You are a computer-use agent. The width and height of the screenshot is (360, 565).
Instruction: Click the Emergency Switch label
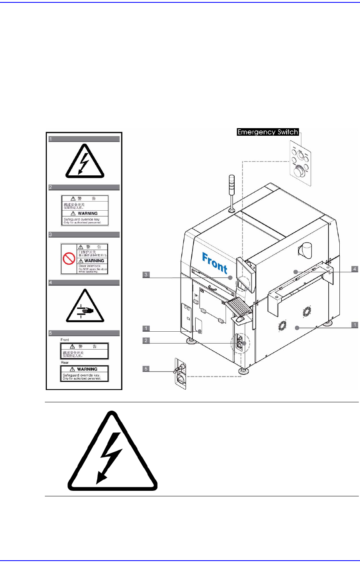pyautogui.click(x=268, y=132)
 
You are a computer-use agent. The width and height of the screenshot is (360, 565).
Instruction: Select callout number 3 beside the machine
pyautogui.click(x=146, y=275)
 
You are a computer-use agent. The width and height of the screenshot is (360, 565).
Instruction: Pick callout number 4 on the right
pyautogui.click(x=354, y=269)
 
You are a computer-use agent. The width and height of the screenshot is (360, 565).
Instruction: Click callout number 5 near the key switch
pyautogui.click(x=146, y=369)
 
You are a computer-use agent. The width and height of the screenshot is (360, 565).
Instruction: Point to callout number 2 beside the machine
pyautogui.click(x=146, y=340)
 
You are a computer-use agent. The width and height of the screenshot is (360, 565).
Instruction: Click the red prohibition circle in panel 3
pyautogui.click(x=69, y=259)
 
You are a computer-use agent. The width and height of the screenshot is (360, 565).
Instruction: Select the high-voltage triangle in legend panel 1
pyautogui.click(x=85, y=161)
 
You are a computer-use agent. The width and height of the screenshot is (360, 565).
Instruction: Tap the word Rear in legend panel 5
pyautogui.click(x=65, y=363)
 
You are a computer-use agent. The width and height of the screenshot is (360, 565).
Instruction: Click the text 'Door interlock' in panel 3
pyautogui.click(x=89, y=266)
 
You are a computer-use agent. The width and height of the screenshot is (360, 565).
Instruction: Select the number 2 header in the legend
pyautogui.click(x=51, y=187)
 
